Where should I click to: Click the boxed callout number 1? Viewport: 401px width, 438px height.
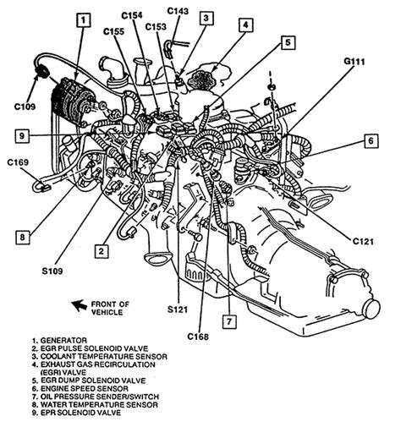(83, 20)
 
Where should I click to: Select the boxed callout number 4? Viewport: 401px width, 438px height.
(246, 25)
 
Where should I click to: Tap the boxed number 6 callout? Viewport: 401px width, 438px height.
(371, 140)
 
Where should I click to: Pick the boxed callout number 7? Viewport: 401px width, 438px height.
(229, 321)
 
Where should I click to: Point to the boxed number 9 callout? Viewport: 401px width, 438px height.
(22, 136)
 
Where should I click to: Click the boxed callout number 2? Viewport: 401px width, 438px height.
(102, 251)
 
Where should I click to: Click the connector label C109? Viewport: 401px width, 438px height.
(25, 107)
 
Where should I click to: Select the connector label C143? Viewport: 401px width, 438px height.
(178, 11)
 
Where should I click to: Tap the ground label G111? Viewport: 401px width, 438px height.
(354, 62)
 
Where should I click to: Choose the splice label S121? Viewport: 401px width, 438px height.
(178, 309)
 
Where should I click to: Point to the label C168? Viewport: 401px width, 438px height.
(198, 337)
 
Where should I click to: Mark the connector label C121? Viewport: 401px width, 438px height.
(363, 242)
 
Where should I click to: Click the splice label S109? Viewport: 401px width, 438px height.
(52, 271)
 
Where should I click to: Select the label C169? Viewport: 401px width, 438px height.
(18, 162)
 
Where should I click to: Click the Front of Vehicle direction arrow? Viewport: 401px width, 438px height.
(80, 305)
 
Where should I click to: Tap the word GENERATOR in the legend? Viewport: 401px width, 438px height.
(63, 341)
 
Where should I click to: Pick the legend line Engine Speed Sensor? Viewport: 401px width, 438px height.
(80, 389)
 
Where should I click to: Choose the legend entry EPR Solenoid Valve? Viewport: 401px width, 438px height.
(76, 413)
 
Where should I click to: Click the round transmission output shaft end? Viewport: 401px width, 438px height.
(371, 309)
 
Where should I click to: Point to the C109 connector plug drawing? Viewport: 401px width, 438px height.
(41, 71)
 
